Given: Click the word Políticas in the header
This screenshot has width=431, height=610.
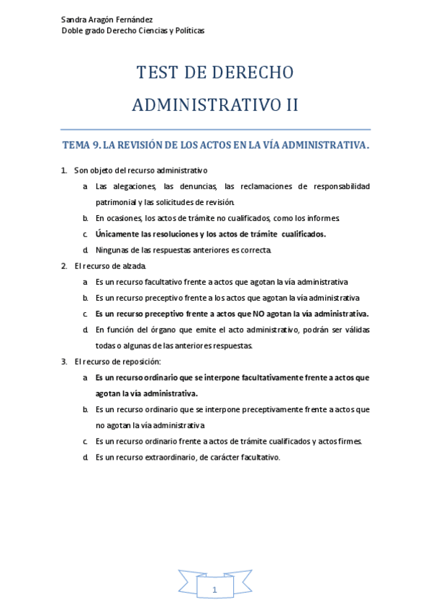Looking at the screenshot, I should [x=187, y=30].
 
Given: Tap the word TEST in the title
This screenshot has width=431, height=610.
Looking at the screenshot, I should [x=158, y=73].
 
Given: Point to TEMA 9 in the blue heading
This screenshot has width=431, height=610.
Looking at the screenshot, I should [x=81, y=145].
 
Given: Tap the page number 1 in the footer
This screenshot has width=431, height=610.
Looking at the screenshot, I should [x=214, y=589].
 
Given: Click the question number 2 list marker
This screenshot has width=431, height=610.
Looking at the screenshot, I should [x=64, y=266].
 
